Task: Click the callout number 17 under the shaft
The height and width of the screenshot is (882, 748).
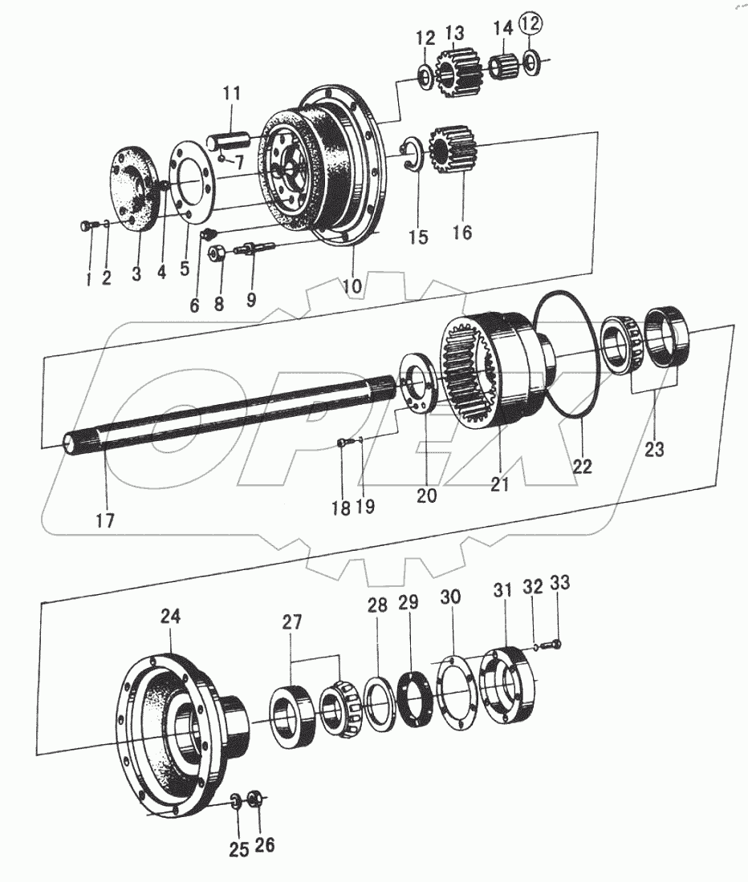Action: click(105, 520)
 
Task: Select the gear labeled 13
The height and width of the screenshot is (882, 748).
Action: click(456, 71)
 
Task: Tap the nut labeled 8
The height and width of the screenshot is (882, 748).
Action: click(216, 255)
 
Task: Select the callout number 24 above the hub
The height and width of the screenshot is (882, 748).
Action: click(170, 617)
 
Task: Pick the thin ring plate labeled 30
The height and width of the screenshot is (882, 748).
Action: click(455, 694)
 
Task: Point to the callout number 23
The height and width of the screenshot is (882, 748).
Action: click(655, 449)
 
